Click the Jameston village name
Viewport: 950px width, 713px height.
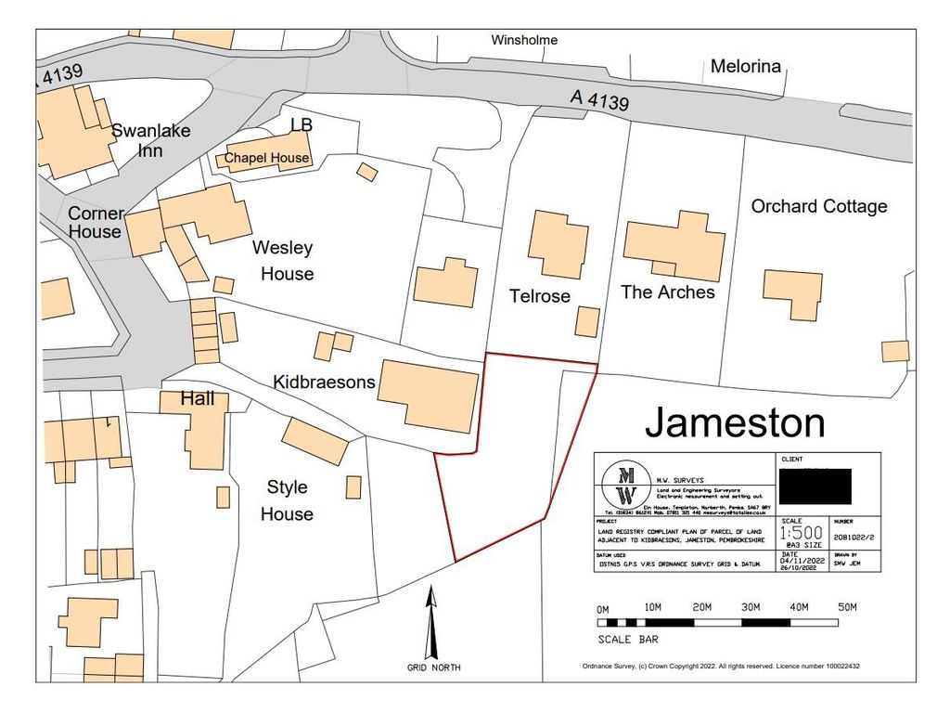(x=735, y=423)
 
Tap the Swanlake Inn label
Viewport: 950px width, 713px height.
(x=150, y=139)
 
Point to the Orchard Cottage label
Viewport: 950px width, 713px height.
(x=819, y=206)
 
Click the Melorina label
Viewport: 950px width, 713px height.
(x=746, y=66)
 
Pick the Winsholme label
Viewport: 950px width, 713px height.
(x=524, y=40)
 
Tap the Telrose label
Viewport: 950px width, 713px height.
(x=539, y=296)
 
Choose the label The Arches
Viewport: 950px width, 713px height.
(x=668, y=292)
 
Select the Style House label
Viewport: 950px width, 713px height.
(x=287, y=500)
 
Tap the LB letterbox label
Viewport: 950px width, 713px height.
(x=302, y=124)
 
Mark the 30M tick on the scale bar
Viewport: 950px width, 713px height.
(x=751, y=607)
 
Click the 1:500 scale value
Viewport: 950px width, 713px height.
(x=800, y=534)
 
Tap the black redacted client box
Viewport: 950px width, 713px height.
(x=816, y=486)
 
